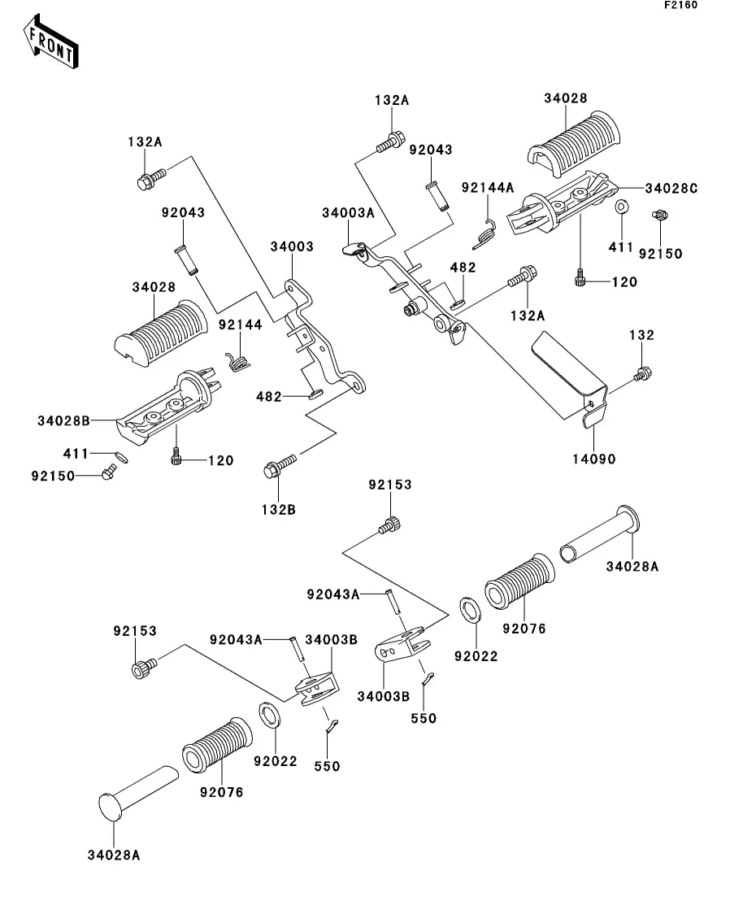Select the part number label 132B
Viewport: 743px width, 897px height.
point(279,510)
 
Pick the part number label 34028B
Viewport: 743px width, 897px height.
point(63,420)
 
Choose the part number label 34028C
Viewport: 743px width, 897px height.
point(671,188)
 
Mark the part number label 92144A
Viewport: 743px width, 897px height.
point(488,187)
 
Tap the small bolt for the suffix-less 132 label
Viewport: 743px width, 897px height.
point(642,374)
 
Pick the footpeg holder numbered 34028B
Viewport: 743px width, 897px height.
point(167,402)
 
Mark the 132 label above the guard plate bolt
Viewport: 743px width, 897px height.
point(641,334)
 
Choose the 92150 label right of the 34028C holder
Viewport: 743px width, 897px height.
point(660,253)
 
